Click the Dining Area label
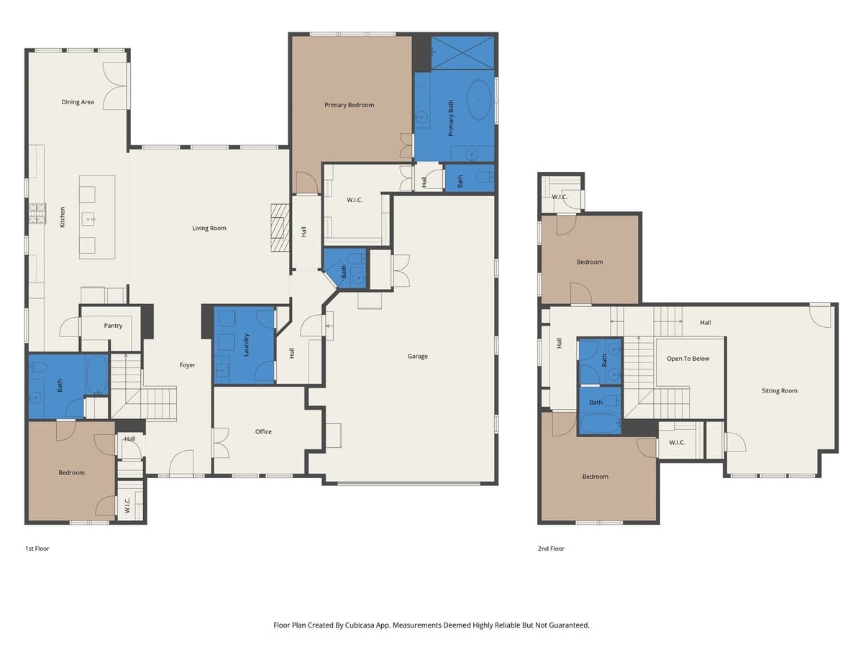click(x=78, y=102)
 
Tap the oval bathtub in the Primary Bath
click(x=479, y=100)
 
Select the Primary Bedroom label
click(x=349, y=105)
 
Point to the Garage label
click(x=417, y=356)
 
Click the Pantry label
click(x=113, y=326)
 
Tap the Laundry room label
click(x=247, y=344)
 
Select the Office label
click(x=263, y=431)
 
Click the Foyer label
click(x=187, y=365)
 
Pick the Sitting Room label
click(x=780, y=391)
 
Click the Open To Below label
click(x=688, y=359)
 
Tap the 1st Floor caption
click(x=37, y=549)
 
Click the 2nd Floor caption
click(x=551, y=549)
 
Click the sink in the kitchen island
click(x=90, y=218)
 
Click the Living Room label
click(x=209, y=228)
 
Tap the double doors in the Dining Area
click(x=116, y=86)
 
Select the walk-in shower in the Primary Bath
click(x=462, y=52)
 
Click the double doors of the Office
click(x=221, y=443)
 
